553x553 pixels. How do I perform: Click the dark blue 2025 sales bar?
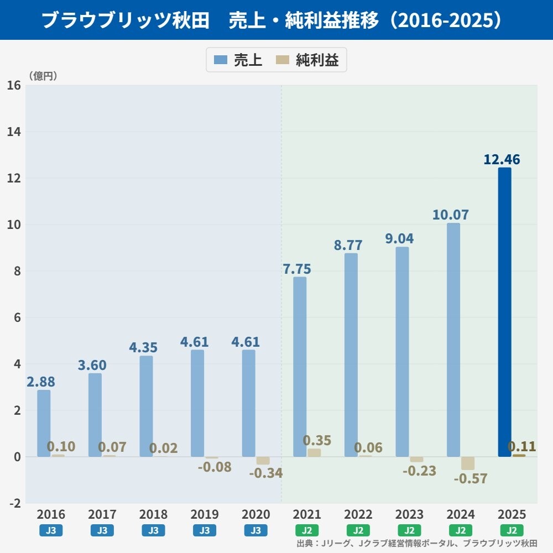[x=504, y=312]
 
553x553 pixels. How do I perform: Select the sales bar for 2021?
[x=300, y=367]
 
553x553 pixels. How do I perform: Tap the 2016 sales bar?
[x=44, y=423]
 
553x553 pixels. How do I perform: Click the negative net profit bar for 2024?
[x=468, y=463]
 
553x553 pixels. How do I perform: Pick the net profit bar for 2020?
[x=263, y=461]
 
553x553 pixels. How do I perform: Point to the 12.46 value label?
[x=502, y=159]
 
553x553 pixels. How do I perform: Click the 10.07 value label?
[x=450, y=215]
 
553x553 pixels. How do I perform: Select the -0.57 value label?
[x=471, y=478]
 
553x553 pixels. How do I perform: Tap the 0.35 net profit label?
[x=317, y=440]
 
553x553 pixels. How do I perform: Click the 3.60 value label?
[x=92, y=365]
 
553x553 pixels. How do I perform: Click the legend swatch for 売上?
[x=221, y=60]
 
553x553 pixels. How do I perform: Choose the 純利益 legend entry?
[x=307, y=60]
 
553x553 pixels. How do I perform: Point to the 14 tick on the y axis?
[x=14, y=132]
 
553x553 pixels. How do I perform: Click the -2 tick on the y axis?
[x=15, y=503]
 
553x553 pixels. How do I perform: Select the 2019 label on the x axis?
[x=205, y=514]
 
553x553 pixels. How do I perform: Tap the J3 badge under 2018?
[x=153, y=530]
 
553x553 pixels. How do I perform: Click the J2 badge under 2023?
[x=409, y=530]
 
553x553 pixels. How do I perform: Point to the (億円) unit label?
[x=43, y=76]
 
